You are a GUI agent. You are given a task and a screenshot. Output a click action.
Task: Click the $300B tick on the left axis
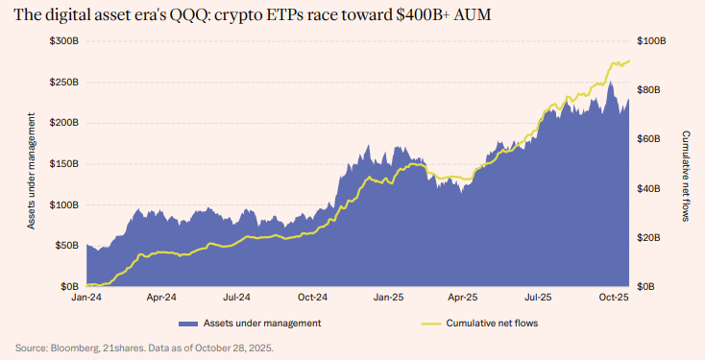tap(65, 41)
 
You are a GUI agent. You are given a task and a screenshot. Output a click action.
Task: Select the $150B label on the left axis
tap(65, 164)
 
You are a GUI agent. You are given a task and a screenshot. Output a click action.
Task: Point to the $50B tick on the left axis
tap(67, 246)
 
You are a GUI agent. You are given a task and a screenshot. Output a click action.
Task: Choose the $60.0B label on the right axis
tap(652, 139)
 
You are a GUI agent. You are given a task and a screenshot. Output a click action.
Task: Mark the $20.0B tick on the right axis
tap(652, 237)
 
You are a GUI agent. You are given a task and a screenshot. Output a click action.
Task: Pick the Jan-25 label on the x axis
tap(387, 299)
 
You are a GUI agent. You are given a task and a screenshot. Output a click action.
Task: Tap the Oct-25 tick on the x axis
tap(613, 299)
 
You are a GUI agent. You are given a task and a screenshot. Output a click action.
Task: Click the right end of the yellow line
tap(629, 61)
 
